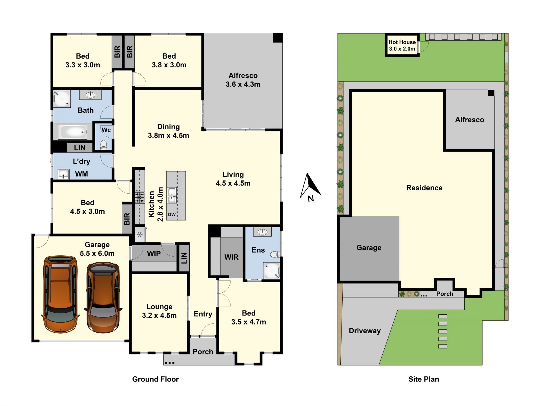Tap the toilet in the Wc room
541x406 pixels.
tap(104, 144)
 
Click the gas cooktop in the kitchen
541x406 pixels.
tap(139, 197)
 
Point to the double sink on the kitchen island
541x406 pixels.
tap(172, 195)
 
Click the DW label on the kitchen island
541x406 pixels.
tap(172, 215)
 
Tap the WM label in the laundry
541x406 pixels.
tap(81, 174)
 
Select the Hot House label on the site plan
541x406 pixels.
tap(402, 42)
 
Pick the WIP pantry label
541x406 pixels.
tap(154, 254)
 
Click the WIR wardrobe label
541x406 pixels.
tap(231, 257)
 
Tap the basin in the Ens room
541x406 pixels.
tap(262, 232)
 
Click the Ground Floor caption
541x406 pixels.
tap(156, 379)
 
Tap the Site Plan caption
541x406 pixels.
tap(424, 379)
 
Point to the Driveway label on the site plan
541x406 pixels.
tap(365, 331)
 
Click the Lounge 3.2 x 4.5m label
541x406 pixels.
tap(159, 311)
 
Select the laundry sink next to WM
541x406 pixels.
tap(63, 174)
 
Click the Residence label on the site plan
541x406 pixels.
tap(424, 188)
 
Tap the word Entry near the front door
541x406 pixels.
tap(203, 314)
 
